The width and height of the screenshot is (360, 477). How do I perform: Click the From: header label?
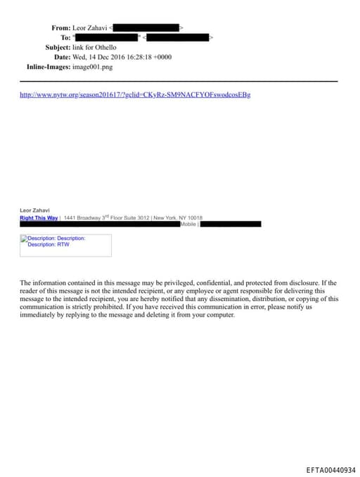click(x=60, y=27)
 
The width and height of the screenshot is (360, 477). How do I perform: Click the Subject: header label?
click(x=58, y=47)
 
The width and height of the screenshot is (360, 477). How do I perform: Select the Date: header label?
click(x=62, y=57)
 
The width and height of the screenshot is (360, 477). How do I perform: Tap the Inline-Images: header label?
click(x=49, y=67)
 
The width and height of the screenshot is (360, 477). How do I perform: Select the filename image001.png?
click(x=92, y=67)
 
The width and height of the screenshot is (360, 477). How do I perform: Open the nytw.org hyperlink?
click(x=135, y=94)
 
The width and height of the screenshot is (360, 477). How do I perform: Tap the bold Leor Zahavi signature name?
click(x=34, y=210)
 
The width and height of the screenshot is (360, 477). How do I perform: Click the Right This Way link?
click(x=39, y=218)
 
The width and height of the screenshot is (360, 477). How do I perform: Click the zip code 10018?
click(x=195, y=218)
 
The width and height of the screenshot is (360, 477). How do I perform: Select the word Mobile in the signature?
click(x=188, y=224)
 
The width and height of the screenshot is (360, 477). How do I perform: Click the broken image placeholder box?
click(x=65, y=245)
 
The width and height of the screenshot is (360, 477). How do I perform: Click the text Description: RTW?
click(x=49, y=244)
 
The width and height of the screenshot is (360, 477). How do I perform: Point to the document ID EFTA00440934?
click(x=330, y=470)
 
